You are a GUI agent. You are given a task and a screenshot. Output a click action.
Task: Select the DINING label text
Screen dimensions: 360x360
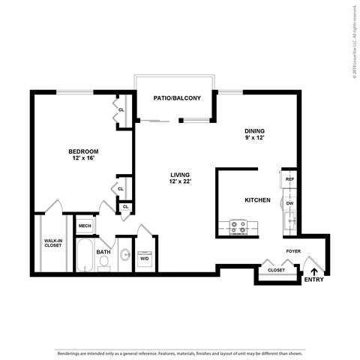click(254, 130)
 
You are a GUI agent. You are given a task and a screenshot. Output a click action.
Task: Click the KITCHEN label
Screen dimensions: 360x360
click(258, 200)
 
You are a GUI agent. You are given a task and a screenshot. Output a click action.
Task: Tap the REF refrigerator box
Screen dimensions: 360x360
click(289, 179)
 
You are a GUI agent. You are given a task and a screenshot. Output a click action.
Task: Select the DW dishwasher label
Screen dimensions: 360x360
click(289, 202)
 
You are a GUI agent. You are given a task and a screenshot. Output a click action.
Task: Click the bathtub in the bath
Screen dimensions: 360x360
click(84, 256)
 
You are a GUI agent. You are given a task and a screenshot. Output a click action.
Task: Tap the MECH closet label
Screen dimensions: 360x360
click(85, 226)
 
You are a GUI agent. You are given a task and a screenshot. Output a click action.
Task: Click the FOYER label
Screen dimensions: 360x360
click(292, 251)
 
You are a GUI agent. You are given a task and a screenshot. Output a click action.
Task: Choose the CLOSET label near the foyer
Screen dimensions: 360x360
click(276, 269)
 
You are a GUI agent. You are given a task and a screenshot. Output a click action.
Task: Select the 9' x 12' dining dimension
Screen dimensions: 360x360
click(254, 138)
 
